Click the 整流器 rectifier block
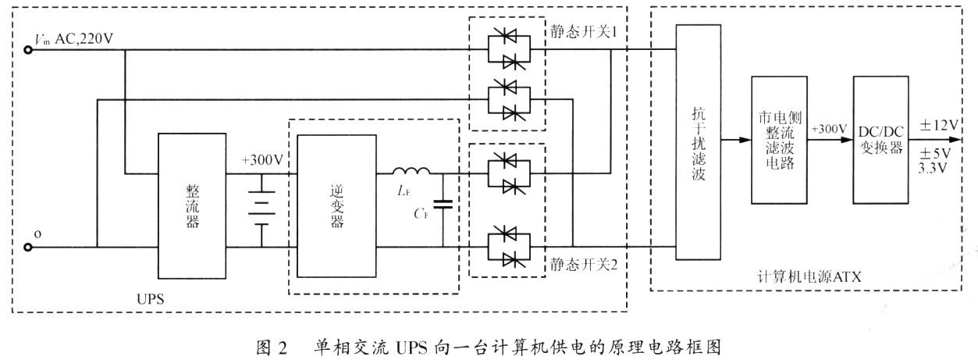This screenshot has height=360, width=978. [192, 206]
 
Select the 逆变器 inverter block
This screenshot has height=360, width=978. [336, 206]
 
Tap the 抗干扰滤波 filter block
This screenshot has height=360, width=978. [698, 142]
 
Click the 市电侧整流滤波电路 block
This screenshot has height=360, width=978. [779, 140]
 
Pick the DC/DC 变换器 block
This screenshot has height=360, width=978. [881, 140]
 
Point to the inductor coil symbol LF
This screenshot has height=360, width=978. [411, 171]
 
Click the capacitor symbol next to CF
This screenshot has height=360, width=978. [443, 204]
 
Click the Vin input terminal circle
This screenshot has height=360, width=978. [28, 50]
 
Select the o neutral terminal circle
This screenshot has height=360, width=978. [28, 248]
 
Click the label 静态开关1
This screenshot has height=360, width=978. [583, 31]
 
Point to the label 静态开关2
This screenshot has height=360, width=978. [583, 264]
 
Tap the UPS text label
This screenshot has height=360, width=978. [150, 299]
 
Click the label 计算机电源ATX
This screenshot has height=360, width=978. [809, 276]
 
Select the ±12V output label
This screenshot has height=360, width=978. [939, 126]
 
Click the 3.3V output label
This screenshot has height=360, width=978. [932, 168]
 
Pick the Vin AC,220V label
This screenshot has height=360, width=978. [73, 39]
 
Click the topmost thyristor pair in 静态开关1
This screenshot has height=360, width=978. [509, 49]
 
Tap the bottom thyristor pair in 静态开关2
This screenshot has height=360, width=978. [509, 247]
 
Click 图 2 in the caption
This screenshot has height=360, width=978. [272, 348]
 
